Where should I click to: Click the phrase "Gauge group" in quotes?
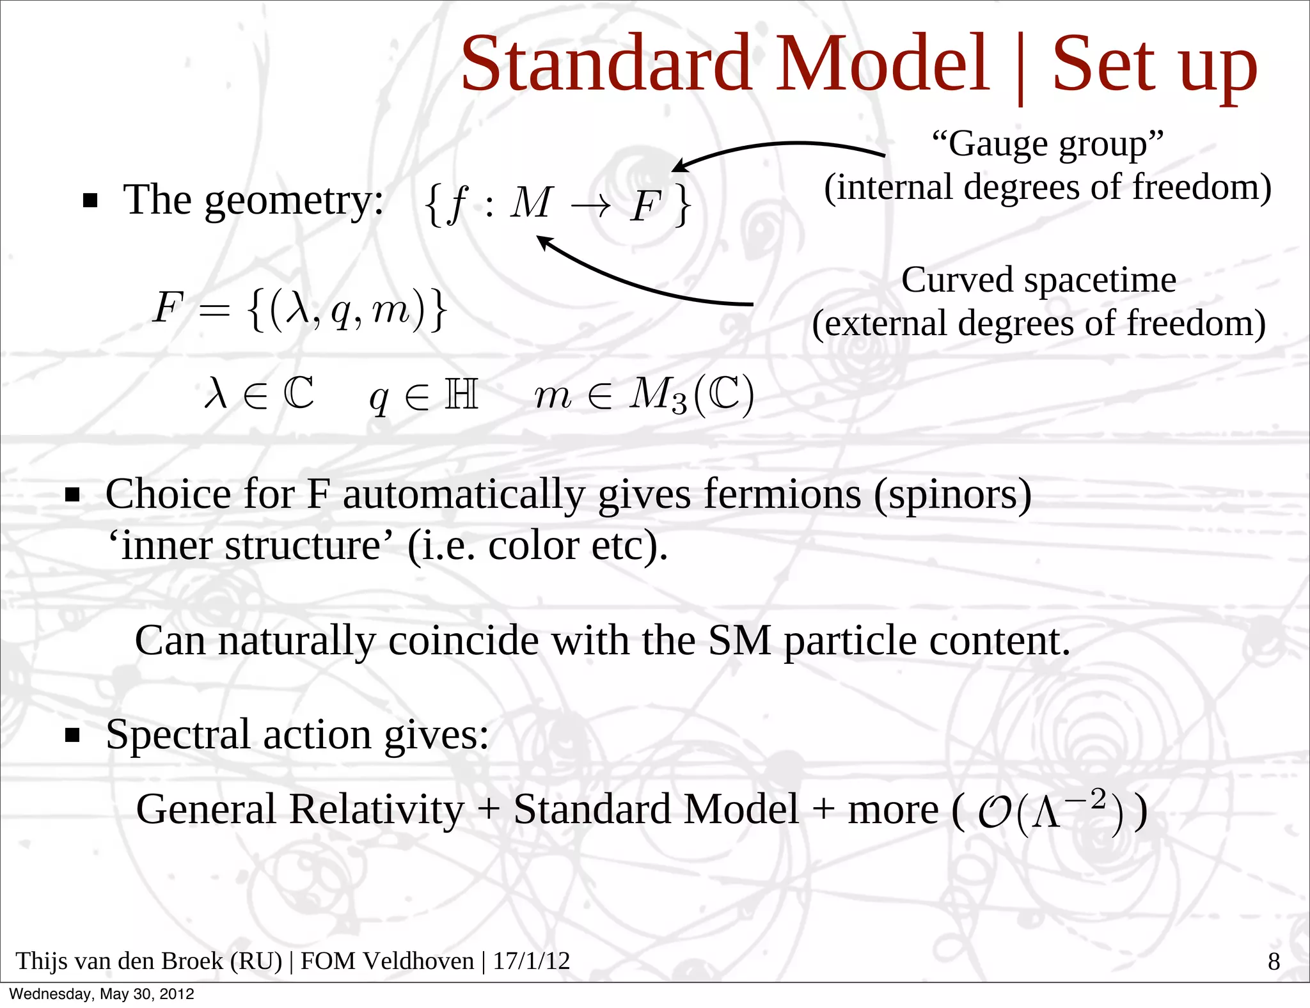[x=1047, y=144]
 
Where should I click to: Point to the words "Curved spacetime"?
[x=1038, y=280]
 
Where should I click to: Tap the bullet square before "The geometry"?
[x=90, y=201]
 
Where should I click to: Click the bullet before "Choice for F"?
[x=72, y=495]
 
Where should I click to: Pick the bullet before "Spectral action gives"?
[x=72, y=736]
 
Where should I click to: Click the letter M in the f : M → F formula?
[x=530, y=203]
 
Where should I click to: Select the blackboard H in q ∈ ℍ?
[x=461, y=394]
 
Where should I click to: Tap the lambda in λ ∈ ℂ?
[x=216, y=393]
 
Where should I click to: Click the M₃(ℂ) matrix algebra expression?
[x=691, y=395]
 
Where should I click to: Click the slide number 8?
[x=1274, y=961]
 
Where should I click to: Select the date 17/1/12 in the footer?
[x=531, y=961]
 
